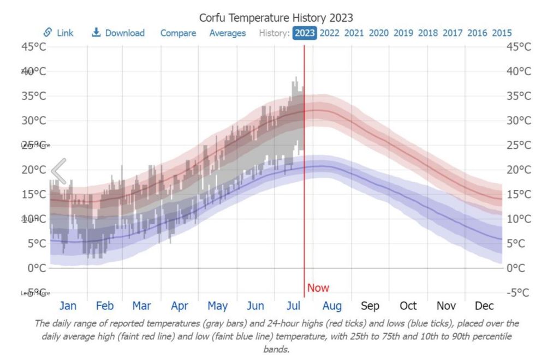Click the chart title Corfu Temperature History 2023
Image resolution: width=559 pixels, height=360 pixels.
[276, 17]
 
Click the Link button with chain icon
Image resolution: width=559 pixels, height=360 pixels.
[58, 33]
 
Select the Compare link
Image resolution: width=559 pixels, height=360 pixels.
[178, 33]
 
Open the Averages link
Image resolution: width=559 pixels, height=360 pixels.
[227, 33]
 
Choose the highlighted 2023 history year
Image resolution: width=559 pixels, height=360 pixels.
[305, 33]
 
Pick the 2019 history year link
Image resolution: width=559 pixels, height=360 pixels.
[403, 33]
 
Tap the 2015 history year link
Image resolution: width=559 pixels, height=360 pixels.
[502, 33]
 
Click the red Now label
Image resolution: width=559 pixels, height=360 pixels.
[318, 288]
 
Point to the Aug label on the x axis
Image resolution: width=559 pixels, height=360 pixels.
[332, 305]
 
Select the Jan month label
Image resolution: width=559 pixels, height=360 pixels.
[68, 305]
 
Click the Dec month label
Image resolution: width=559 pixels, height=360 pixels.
[485, 305]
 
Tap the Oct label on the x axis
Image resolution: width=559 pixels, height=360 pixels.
[408, 305]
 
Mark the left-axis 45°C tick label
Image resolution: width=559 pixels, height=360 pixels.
[34, 47]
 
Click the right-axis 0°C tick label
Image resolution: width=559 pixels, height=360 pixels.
[519, 268]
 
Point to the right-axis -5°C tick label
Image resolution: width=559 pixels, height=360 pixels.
[518, 292]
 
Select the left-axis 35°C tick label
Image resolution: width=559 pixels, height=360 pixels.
[34, 96]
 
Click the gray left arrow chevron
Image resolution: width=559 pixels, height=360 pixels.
[59, 171]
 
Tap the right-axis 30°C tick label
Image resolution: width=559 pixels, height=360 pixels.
[519, 121]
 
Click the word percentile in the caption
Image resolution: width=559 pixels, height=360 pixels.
[493, 337]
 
